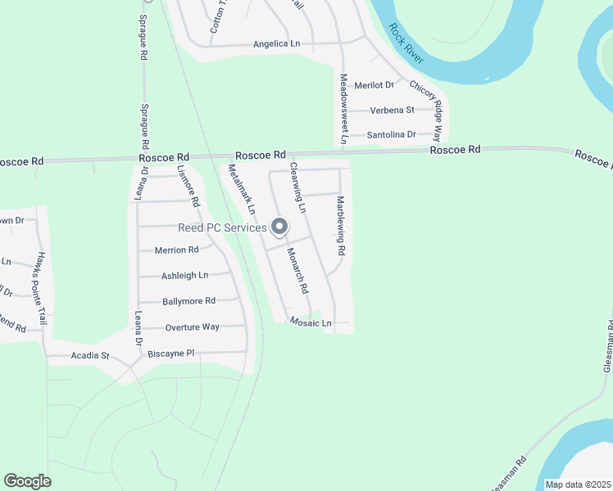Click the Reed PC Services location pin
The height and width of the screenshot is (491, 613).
pos(279,227)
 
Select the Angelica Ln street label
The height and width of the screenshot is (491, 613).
pos(276,44)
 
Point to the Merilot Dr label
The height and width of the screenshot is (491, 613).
pos(374,85)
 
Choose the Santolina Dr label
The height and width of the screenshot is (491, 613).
pos(392,134)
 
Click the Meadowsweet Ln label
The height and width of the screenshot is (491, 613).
pos(344,110)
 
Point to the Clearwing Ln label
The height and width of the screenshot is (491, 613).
pos(297,188)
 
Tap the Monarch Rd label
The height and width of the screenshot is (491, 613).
pos(297,272)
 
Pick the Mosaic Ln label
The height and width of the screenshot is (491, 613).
pos(311,323)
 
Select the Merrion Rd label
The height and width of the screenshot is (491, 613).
pos(176,250)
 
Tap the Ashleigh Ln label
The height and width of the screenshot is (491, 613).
pos(184,276)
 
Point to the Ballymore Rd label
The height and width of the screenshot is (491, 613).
pos(188,301)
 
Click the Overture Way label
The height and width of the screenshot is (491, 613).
pos(192,327)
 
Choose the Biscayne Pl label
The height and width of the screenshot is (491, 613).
pos(170,354)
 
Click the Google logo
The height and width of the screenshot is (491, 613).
pos(27,480)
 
